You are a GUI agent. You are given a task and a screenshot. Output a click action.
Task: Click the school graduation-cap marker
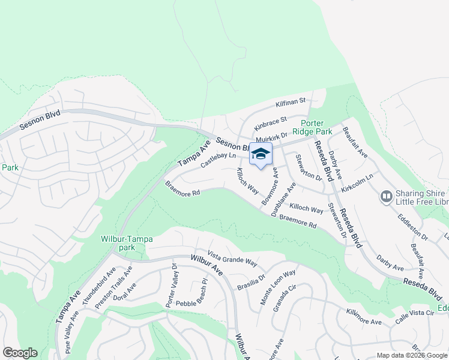261,155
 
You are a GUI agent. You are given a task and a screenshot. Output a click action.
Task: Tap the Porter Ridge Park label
312,127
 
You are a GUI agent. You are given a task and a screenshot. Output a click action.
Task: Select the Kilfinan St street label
291,103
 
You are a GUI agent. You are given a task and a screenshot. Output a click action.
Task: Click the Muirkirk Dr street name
289,139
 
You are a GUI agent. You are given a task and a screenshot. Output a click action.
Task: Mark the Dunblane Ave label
283,200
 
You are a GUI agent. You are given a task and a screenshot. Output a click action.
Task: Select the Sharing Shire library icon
386,196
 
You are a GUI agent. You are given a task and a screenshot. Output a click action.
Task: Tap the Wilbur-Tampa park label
127,243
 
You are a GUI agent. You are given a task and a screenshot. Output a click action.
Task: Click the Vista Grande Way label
232,259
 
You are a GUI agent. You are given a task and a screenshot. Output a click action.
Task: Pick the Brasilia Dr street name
252,281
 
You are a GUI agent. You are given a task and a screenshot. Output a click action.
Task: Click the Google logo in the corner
20,353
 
